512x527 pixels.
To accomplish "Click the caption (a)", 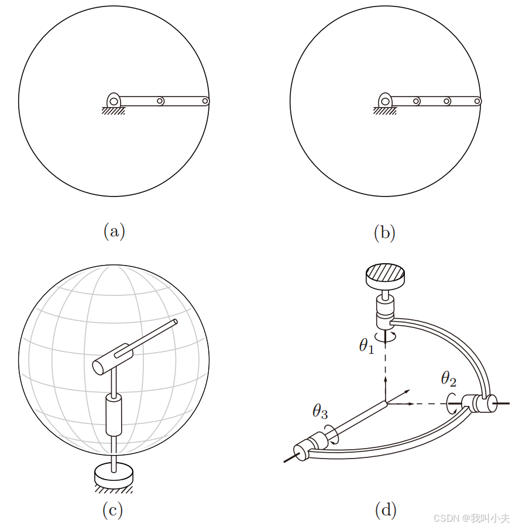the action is [x=114, y=232].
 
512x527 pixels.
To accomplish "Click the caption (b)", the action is [x=384, y=232].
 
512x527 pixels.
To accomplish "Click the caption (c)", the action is [x=112, y=510].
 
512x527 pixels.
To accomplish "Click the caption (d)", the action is [x=386, y=510].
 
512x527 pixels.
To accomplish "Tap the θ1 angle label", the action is [x=366, y=346].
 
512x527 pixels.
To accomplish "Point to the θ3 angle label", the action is [x=320, y=411].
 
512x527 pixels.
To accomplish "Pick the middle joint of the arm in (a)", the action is [x=160, y=101].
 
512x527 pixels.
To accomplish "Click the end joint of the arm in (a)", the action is [x=205, y=101].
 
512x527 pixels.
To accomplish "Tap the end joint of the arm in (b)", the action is [x=477, y=101].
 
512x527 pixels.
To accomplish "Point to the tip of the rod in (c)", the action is [x=175, y=322].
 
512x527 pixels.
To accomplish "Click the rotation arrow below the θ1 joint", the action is [x=386, y=336].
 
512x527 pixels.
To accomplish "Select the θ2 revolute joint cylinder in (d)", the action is [x=480, y=403].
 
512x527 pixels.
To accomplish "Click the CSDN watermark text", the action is [x=471, y=518].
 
